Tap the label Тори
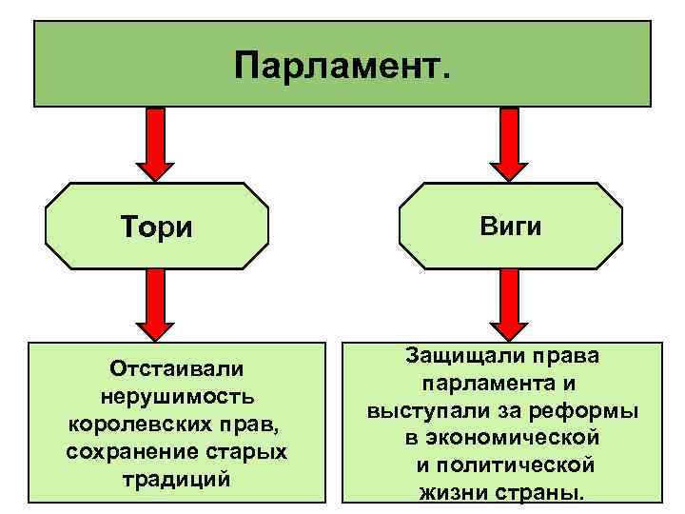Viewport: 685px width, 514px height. pyautogui.click(x=157, y=228)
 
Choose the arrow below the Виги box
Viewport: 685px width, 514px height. pyautogui.click(x=509, y=305)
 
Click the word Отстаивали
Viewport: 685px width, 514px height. pyautogui.click(x=177, y=367)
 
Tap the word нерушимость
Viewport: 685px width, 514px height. pyautogui.click(x=177, y=395)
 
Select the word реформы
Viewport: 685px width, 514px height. pyautogui.click(x=590, y=411)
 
